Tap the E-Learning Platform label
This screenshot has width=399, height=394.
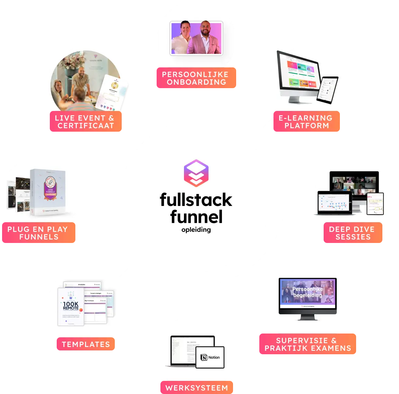click(306, 122)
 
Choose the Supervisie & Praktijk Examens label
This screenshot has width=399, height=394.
click(307, 344)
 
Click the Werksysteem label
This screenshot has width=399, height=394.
click(196, 387)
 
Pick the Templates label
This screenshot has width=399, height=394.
click(86, 344)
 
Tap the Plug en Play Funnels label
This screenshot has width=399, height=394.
click(38, 233)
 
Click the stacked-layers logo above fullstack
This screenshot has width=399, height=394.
click(196, 173)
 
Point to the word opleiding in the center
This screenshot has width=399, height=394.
click(196, 229)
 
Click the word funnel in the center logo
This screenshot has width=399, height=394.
click(196, 217)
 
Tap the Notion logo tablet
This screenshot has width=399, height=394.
click(210, 357)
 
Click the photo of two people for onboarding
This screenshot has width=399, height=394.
click(196, 38)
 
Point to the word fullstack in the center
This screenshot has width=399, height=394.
click(196, 200)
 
